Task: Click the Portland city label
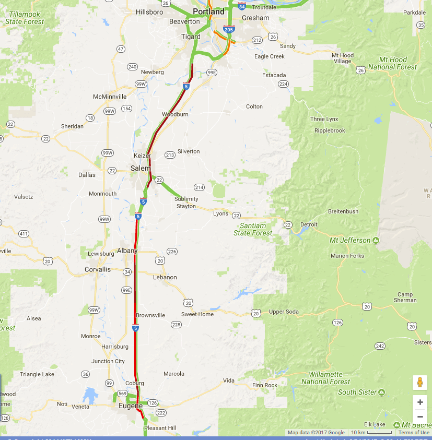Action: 208,11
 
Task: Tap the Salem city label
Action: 140,168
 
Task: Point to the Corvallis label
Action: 98,269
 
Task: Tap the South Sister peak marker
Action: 382,392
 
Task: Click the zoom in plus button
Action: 420,402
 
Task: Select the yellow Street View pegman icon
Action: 420,383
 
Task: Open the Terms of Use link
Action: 414,432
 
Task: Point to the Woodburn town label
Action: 175,114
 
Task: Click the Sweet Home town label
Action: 197,314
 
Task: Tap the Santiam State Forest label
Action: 253,229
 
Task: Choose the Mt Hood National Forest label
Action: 393,63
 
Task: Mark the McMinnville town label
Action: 110,97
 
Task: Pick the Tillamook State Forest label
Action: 25,18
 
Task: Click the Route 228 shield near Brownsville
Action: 176,325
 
